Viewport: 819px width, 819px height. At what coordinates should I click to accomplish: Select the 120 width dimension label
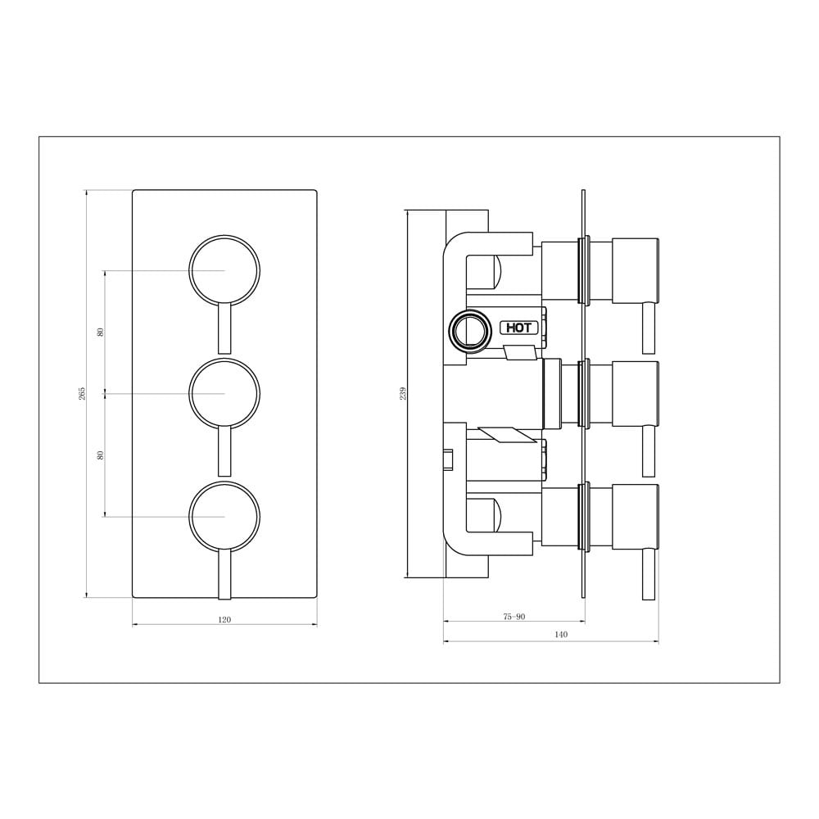pos(224,620)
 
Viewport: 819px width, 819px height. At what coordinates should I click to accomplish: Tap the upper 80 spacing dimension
pos(101,332)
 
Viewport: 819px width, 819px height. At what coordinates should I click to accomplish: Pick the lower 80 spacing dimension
pos(101,455)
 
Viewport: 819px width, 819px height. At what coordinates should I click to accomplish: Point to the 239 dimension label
pos(403,393)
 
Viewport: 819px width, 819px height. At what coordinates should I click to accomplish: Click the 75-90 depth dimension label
pos(514,617)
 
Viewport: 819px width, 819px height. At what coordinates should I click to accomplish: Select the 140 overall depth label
pos(561,635)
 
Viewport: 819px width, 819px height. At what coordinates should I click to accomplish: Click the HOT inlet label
pos(519,328)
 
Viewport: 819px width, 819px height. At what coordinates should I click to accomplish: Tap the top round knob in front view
pos(224,270)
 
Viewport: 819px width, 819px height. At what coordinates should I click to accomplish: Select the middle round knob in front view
pos(224,393)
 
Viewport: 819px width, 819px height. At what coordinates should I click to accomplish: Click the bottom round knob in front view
pos(224,516)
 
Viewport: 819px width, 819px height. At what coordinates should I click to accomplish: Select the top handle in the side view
pos(635,269)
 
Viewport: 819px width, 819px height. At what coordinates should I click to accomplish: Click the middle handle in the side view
pos(635,393)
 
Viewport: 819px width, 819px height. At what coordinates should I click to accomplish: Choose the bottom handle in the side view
pos(635,516)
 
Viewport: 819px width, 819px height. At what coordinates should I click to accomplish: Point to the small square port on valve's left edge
pos(448,460)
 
